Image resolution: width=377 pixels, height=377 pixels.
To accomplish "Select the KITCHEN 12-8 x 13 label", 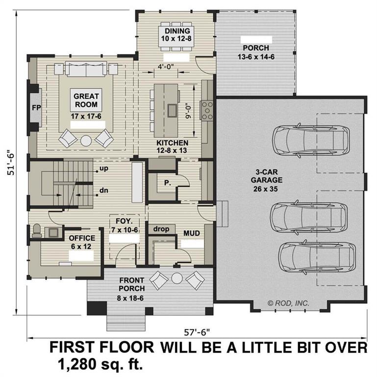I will point(169,146).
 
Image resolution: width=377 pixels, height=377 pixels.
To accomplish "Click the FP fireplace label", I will point(35,108).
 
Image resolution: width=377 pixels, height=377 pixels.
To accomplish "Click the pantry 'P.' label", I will point(167,182).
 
